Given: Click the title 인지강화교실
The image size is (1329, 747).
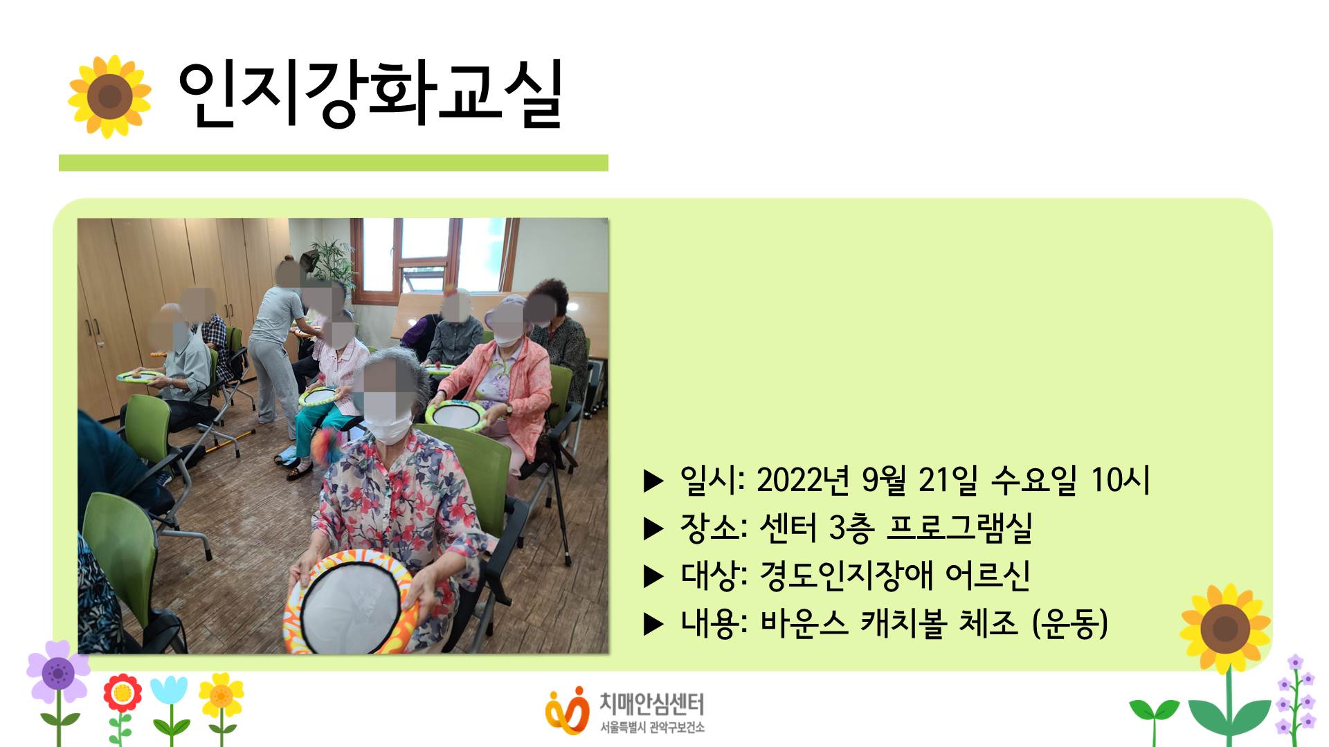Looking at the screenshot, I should pyautogui.click(x=370, y=95).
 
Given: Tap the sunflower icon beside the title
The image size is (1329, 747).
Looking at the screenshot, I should pyautogui.click(x=109, y=96).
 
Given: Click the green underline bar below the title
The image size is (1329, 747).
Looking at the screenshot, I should pyautogui.click(x=333, y=163).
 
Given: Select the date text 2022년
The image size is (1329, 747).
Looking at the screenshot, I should pyautogui.click(x=803, y=480).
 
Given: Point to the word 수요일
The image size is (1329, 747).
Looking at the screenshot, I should pyautogui.click(x=1034, y=480).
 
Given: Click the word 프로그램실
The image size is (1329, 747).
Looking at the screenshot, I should pyautogui.click(x=959, y=528).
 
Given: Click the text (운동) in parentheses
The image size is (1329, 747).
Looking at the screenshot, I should pyautogui.click(x=1070, y=623).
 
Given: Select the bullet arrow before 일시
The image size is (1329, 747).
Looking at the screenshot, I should pyautogui.click(x=653, y=481).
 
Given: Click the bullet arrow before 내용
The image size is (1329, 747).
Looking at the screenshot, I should pyautogui.click(x=653, y=625).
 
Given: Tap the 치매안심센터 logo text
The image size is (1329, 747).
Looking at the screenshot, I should pyautogui.click(x=651, y=704).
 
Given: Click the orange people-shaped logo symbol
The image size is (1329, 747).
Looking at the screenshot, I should pyautogui.click(x=567, y=710).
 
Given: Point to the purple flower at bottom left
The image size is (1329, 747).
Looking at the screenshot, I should pyautogui.click(x=58, y=672).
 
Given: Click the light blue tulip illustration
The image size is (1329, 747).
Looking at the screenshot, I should pyautogui.click(x=169, y=692).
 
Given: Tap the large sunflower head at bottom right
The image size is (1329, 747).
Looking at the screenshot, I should pyautogui.click(x=1225, y=628).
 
